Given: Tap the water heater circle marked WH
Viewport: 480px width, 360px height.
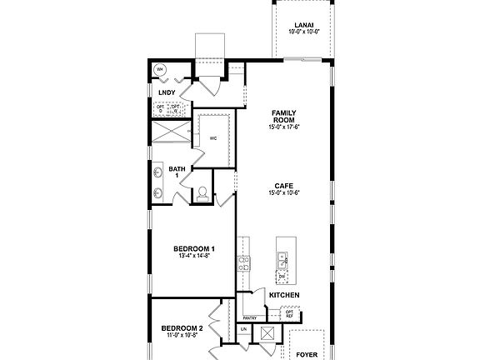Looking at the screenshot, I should [x=159, y=69].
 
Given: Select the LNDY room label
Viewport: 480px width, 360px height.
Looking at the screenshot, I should [x=166, y=92].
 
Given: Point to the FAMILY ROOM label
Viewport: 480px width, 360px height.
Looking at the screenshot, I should [x=284, y=116].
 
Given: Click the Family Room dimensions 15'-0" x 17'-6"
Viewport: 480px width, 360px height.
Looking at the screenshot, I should [x=284, y=127].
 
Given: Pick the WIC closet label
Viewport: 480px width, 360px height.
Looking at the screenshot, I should [x=214, y=137].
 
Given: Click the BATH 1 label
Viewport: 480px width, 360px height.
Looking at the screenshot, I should [x=177, y=172].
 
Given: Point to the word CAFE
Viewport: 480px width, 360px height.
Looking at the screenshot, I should [x=284, y=185].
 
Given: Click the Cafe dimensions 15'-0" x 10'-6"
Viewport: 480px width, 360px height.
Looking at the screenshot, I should [x=284, y=193].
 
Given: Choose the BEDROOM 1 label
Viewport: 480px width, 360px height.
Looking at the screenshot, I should [x=194, y=248].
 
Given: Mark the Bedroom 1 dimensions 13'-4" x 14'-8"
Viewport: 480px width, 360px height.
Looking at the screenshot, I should [x=194, y=257].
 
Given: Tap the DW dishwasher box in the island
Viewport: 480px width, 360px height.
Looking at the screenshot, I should [x=282, y=276].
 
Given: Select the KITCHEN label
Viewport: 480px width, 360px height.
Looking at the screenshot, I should [x=284, y=296].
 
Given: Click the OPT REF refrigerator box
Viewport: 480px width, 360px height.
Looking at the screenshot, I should [x=290, y=313].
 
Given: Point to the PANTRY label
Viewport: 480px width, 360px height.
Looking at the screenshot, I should [x=248, y=317].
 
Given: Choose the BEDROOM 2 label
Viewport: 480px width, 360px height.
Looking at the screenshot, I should [x=182, y=328].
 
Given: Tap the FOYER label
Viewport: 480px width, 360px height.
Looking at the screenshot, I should [x=307, y=354].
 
